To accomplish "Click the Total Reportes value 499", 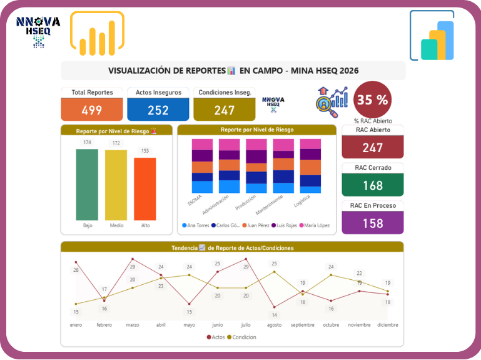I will point(92,110).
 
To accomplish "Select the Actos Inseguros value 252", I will point(158,110).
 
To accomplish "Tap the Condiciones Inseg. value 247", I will point(225,110).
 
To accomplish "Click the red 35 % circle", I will point(373,99).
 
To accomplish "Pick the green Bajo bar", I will point(87,184).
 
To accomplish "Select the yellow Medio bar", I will point(116,185).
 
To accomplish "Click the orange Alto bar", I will point(144,188).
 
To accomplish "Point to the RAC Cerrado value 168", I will point(373,185).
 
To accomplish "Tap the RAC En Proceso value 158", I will point(373,223).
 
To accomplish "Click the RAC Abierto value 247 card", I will point(373,148).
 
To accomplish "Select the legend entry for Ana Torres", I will point(196,225).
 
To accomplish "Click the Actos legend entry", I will point(216,337).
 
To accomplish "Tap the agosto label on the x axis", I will point(274,325).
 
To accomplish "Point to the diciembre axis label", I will point(387,325).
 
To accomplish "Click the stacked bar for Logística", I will point(310,166).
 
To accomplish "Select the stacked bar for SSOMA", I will point(202,166).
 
